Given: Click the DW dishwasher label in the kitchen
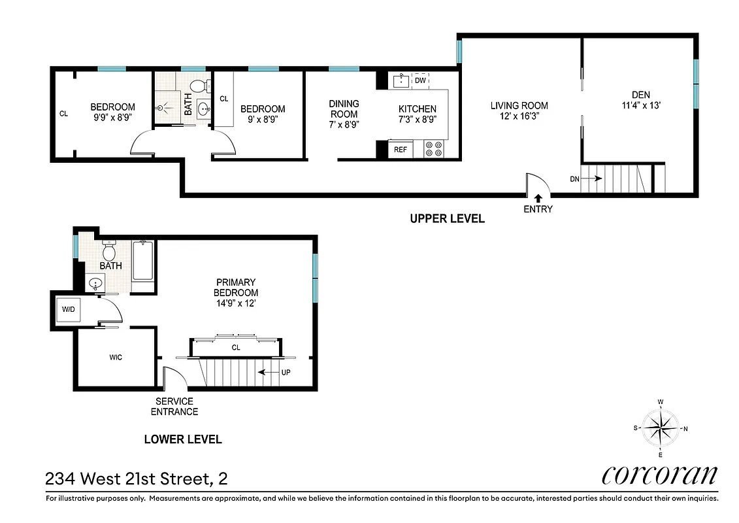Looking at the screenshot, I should (x=420, y=80).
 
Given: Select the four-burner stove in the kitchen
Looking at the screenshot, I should (x=434, y=149).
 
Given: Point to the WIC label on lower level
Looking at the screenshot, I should (x=115, y=357).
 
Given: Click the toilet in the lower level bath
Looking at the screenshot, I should (x=108, y=251).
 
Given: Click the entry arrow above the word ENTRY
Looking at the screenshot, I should (x=538, y=197).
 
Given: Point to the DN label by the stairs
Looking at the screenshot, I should (x=574, y=178).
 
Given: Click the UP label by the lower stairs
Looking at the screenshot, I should (x=285, y=373).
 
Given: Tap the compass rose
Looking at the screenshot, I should (x=661, y=428).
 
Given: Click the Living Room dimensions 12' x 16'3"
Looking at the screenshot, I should (x=519, y=116).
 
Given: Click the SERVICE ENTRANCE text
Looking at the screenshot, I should (x=174, y=406).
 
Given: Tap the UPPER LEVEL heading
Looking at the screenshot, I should (x=447, y=218).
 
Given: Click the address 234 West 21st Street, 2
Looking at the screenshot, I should (x=137, y=479).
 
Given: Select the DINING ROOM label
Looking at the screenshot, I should (x=344, y=109).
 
